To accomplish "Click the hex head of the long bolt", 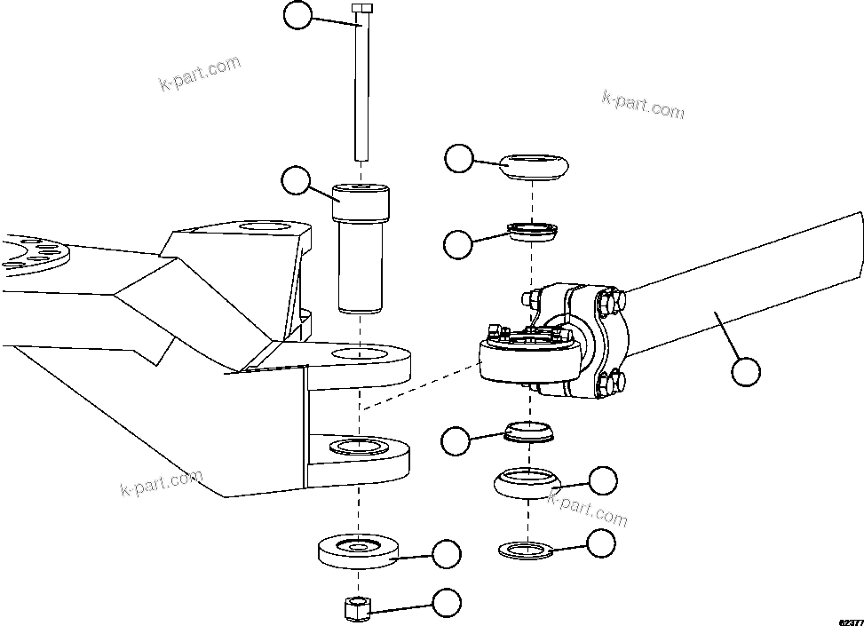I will point(361,9).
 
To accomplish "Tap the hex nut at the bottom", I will point(357,608).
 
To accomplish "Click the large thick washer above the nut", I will point(360,551).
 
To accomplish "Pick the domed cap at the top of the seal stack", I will point(533,166).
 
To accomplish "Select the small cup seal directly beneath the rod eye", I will point(527,432).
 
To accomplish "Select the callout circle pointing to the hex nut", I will point(447,604).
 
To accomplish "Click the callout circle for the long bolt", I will point(297,14).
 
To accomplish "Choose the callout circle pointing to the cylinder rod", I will point(747,372).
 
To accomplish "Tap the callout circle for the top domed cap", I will point(459,159).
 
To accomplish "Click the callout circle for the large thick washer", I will point(447,554).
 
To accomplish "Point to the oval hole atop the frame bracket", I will point(269,229).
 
